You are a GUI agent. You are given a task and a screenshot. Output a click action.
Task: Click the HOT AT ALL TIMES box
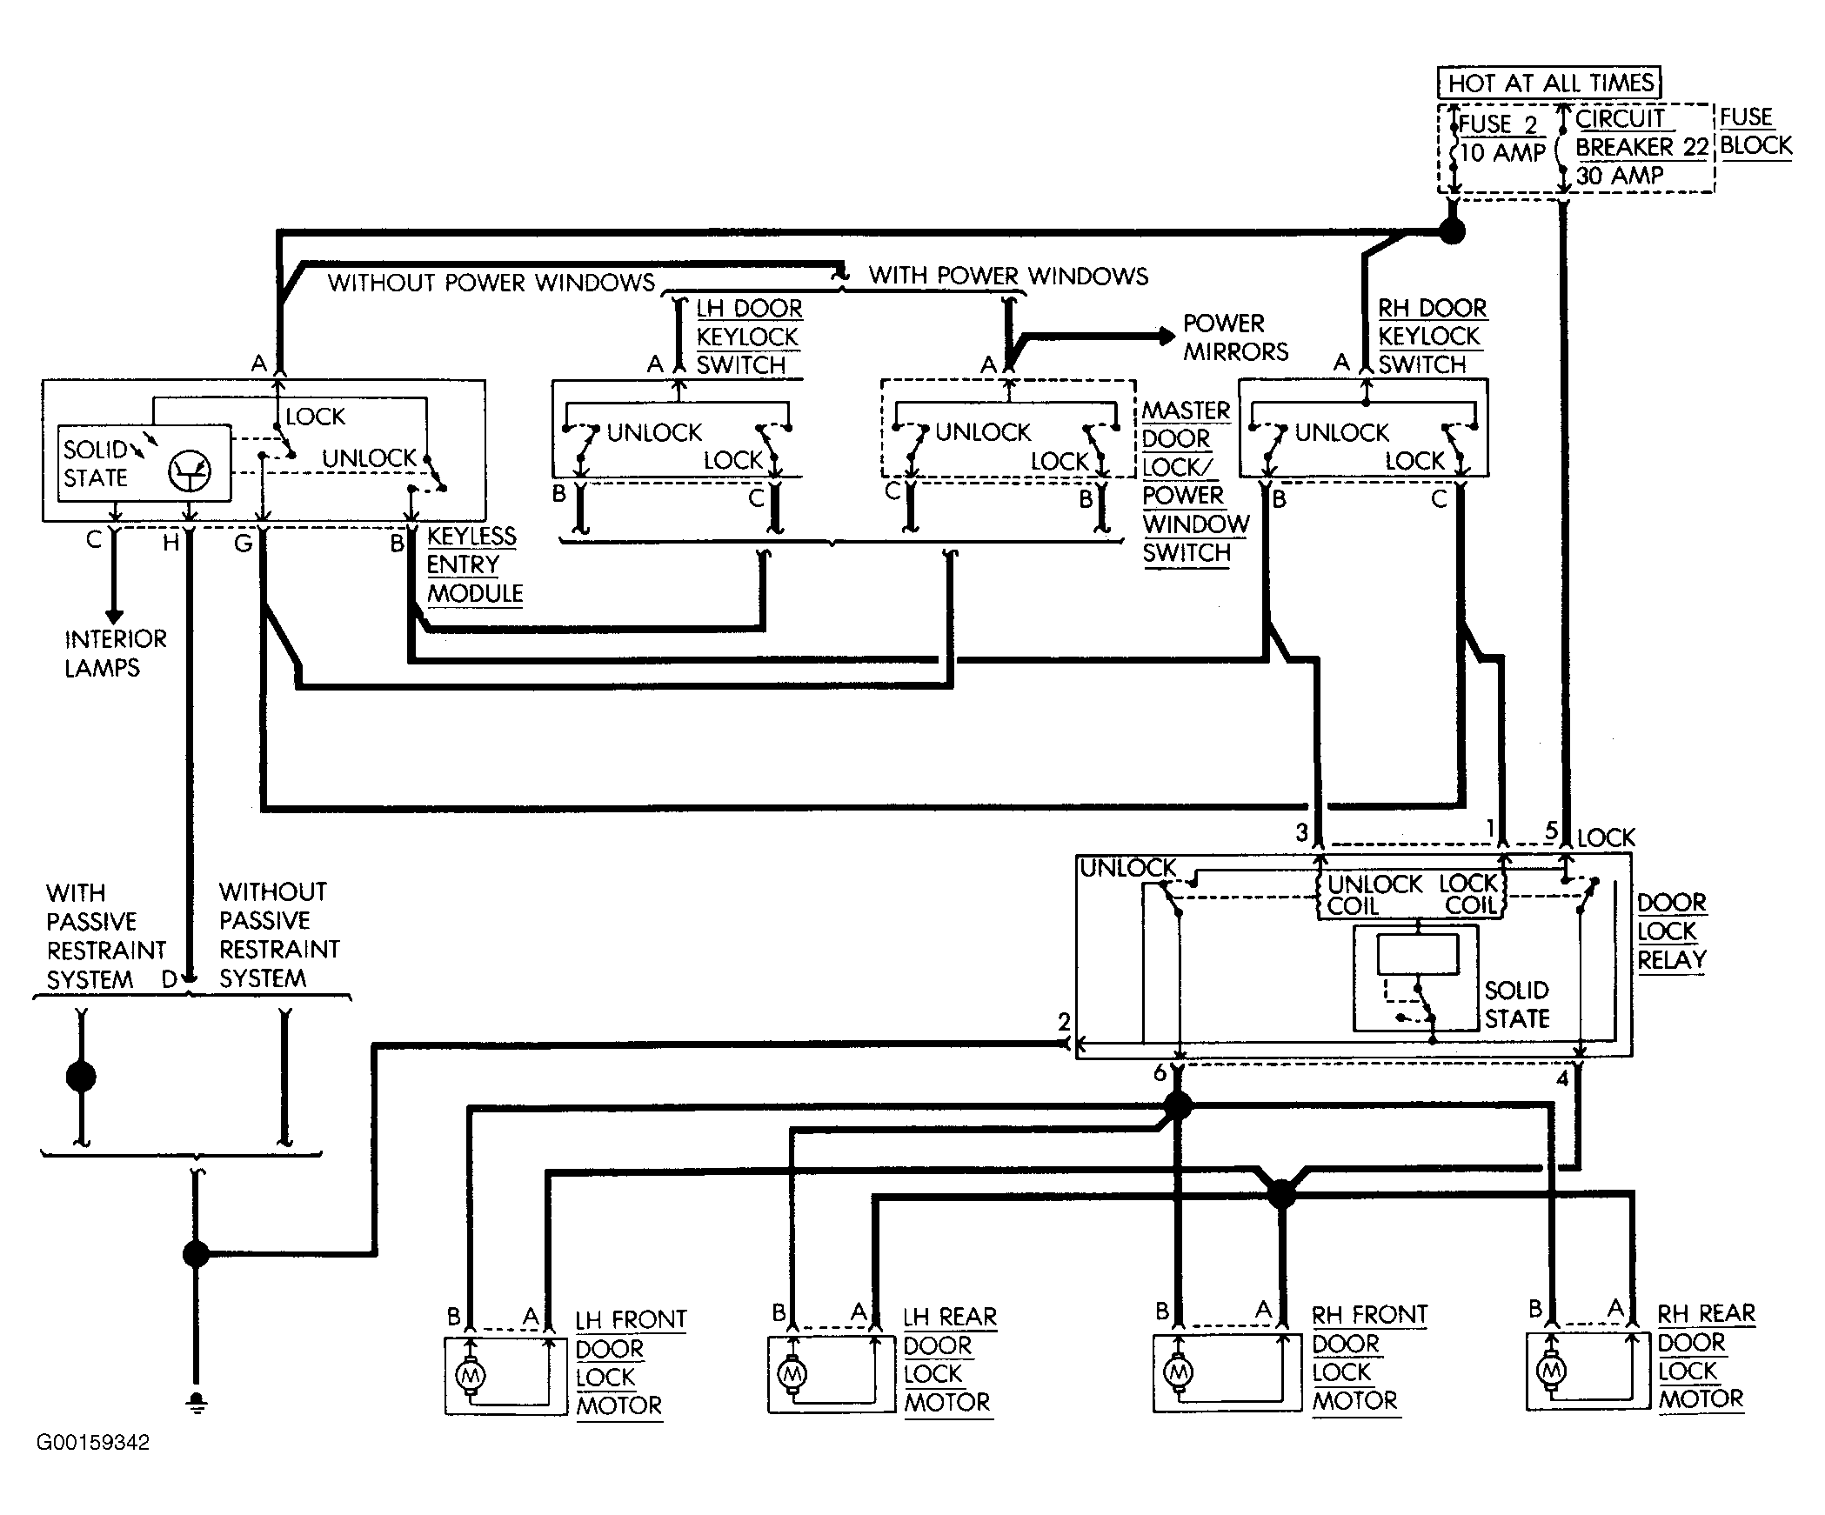click(1549, 83)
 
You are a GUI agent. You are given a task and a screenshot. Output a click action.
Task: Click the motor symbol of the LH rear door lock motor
click(792, 1374)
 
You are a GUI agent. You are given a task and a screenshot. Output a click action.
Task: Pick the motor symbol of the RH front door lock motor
click(1178, 1373)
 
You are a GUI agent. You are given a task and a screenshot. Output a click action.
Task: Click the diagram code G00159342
click(93, 1443)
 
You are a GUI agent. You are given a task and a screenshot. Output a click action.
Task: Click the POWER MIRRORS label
click(1235, 337)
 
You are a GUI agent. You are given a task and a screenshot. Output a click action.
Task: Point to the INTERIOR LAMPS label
click(115, 653)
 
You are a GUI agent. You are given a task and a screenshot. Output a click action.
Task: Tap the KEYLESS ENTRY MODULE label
click(475, 565)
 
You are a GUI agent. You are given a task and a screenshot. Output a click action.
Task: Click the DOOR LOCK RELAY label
click(1671, 931)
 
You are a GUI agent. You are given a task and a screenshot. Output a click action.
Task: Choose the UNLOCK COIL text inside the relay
click(1374, 895)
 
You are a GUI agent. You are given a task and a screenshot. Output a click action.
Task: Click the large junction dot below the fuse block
click(1452, 230)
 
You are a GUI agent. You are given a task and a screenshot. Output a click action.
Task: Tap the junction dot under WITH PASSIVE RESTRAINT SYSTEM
click(81, 1077)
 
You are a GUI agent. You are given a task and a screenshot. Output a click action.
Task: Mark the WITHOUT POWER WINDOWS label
click(491, 283)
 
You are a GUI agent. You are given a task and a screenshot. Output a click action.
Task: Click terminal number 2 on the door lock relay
click(1064, 1022)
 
